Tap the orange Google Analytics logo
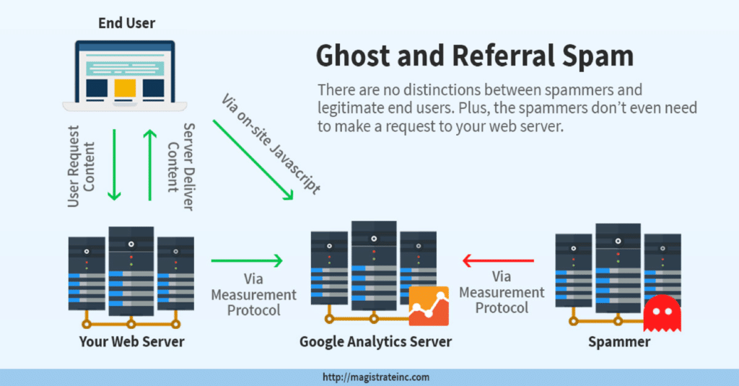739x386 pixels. click(x=429, y=306)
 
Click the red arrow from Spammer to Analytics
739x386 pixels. click(x=498, y=260)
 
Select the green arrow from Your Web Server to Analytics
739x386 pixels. click(x=246, y=260)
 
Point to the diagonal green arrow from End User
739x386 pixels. click(x=253, y=159)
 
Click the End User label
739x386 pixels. click(x=127, y=23)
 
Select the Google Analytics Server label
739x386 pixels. click(x=375, y=341)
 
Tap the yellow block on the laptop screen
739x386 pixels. click(x=126, y=87)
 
